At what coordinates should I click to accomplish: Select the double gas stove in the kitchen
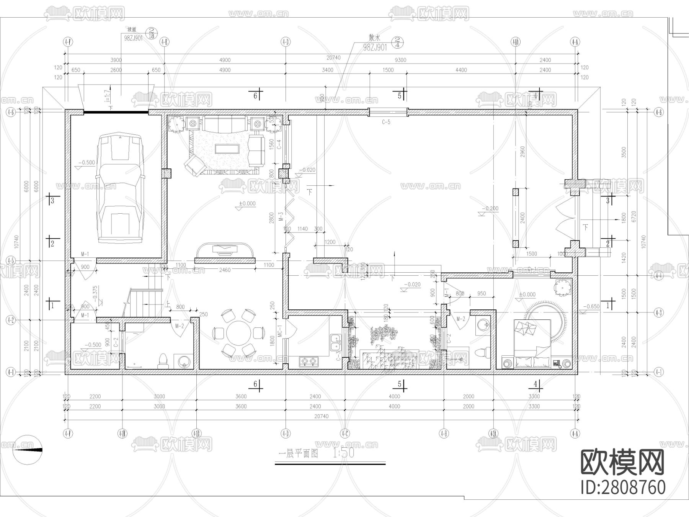click(309, 361)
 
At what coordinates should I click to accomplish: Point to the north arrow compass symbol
click(27, 450)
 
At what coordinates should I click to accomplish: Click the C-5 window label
click(386, 122)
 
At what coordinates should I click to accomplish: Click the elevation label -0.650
click(592, 306)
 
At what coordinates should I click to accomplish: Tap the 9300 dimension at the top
click(400, 60)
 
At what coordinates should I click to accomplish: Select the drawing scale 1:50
click(343, 453)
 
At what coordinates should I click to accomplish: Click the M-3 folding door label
click(281, 217)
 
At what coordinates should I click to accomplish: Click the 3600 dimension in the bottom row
click(241, 396)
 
